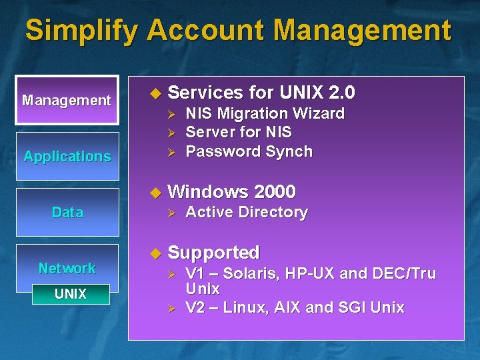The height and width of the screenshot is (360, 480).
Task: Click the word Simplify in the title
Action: (83, 31)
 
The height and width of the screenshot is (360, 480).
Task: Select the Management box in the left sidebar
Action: (67, 101)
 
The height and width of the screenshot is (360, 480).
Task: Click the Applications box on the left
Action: (67, 157)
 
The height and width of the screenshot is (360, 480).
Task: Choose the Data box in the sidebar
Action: (67, 213)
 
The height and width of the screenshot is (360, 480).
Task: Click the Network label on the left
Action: (67, 268)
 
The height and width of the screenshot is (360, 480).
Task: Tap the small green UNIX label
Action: (71, 294)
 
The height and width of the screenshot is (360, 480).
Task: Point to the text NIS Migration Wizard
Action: (265, 114)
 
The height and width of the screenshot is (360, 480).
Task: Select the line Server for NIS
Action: (238, 133)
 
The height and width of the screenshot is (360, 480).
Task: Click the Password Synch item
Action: (249, 152)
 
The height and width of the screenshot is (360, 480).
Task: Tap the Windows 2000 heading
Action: (231, 192)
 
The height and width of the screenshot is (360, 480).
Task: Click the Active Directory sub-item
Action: (246, 213)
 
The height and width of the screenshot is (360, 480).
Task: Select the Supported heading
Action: (213, 253)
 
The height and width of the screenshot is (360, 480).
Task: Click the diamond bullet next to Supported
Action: (156, 253)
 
